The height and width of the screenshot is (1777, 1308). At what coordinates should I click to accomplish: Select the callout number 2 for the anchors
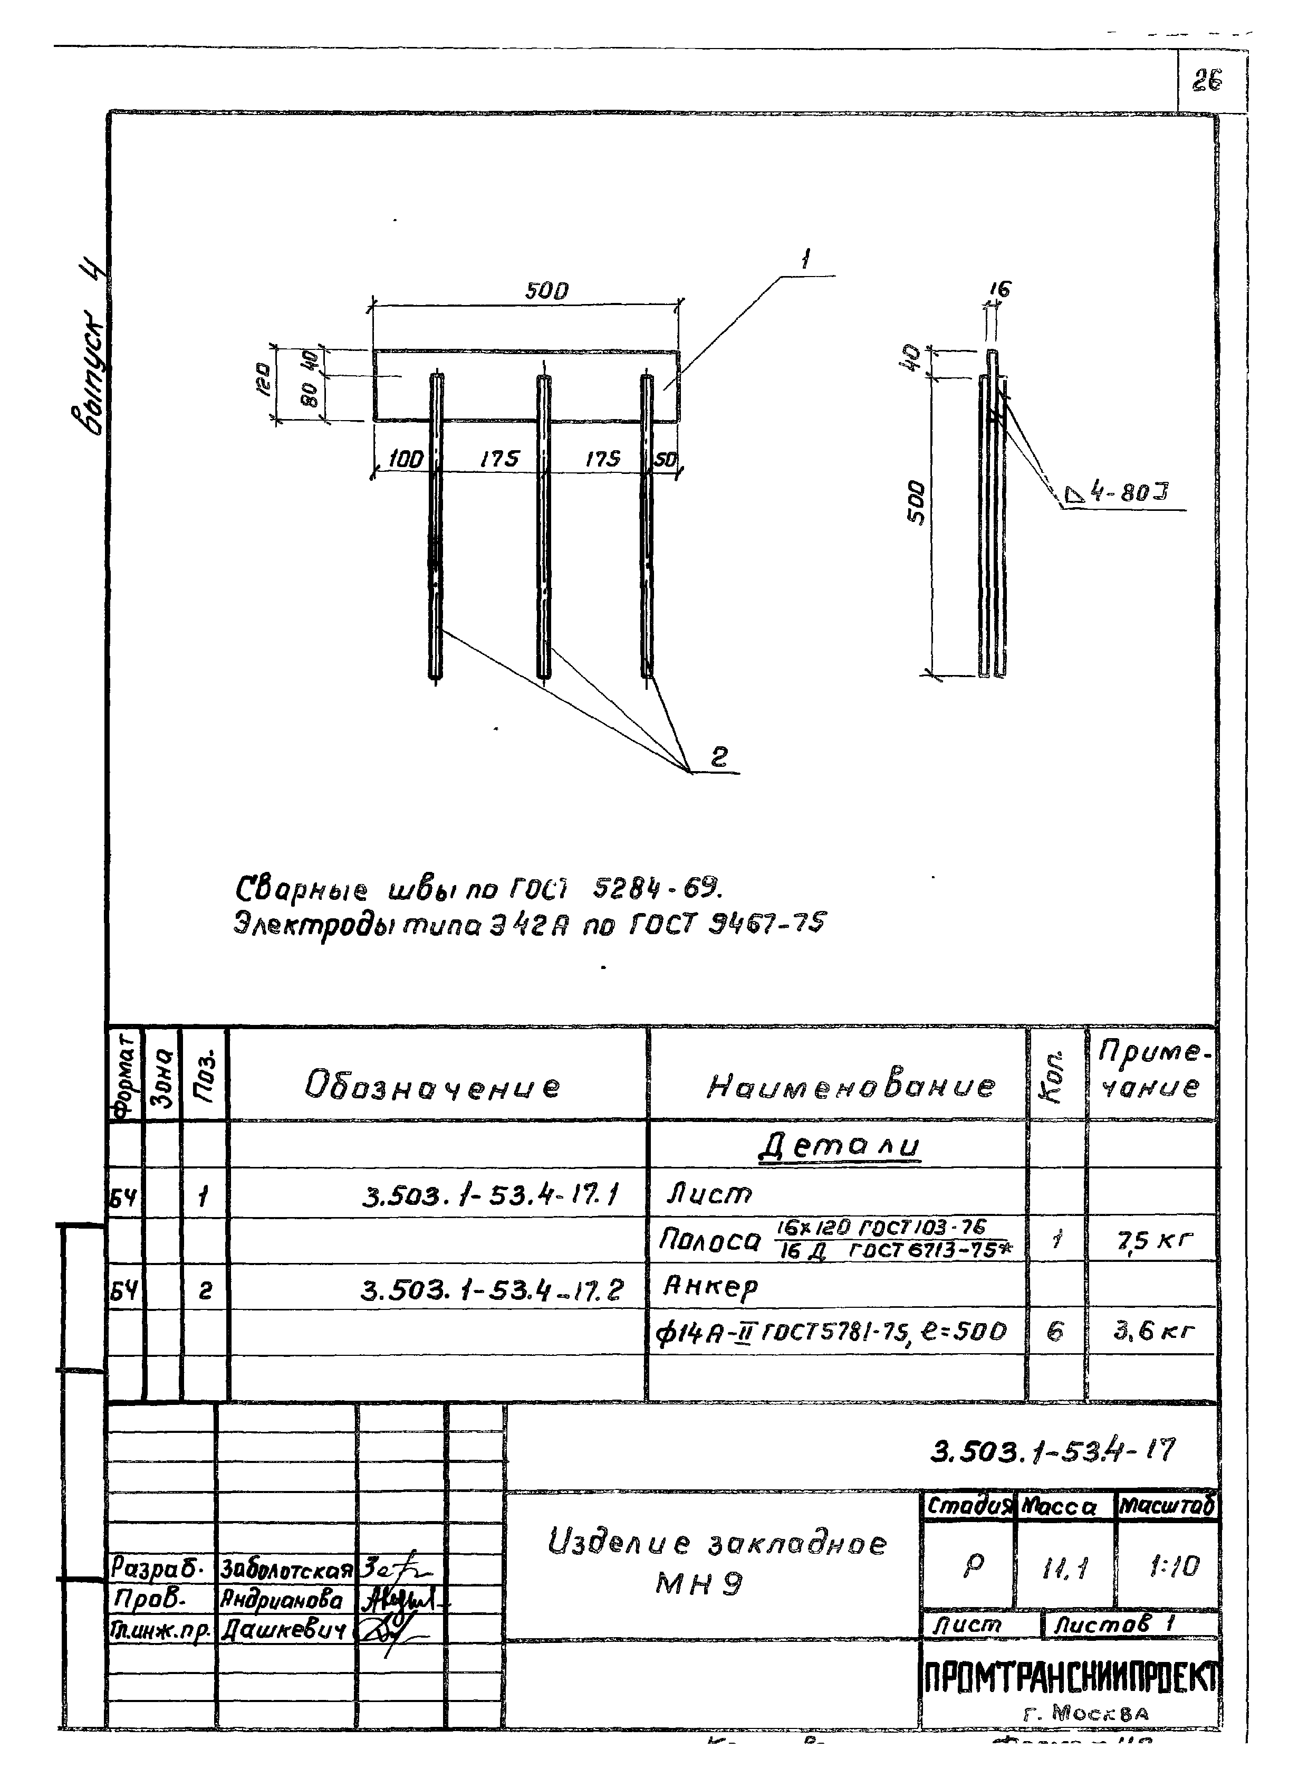(x=718, y=757)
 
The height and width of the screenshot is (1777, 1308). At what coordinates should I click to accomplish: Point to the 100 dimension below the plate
(x=406, y=459)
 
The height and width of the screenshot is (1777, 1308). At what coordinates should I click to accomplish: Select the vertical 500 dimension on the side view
(x=915, y=501)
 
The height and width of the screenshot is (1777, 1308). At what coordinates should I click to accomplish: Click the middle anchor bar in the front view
(x=543, y=527)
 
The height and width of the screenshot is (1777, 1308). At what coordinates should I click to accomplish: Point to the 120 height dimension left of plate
(x=264, y=379)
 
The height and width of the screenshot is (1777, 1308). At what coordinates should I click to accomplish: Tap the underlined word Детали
(x=840, y=1146)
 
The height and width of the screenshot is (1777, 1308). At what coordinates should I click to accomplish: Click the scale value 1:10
(x=1174, y=1565)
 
